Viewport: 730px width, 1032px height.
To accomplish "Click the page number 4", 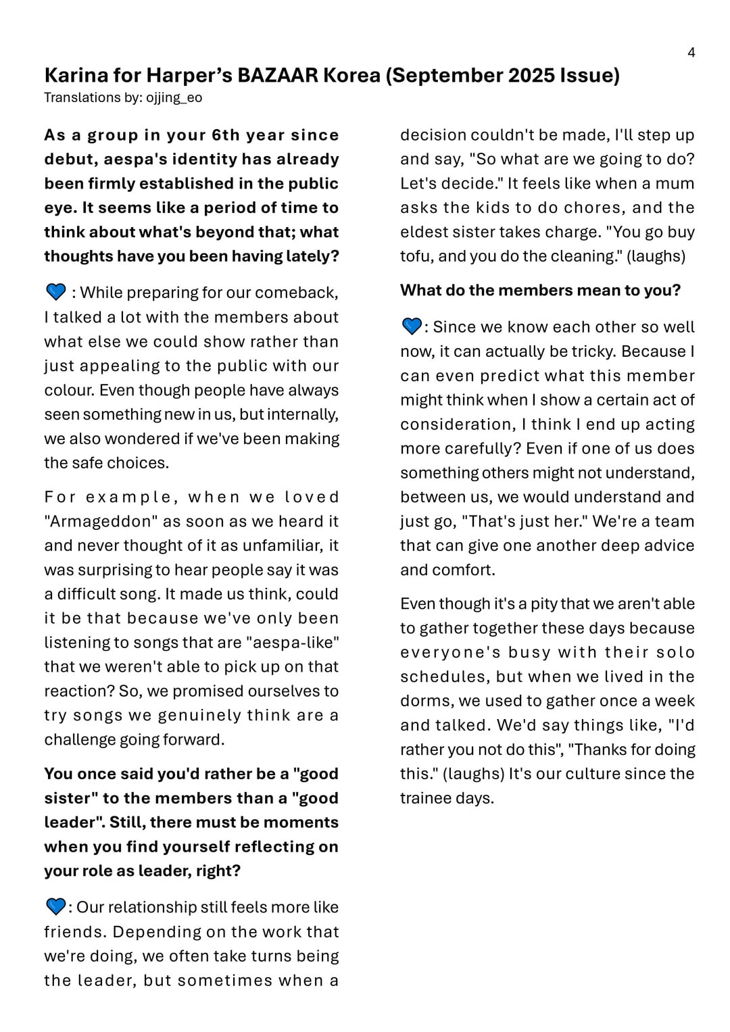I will [x=691, y=53].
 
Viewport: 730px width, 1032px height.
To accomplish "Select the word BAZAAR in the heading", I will [x=278, y=75].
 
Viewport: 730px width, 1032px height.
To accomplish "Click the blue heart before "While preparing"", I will [x=55, y=292].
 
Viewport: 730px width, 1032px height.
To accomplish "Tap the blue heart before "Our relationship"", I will [x=55, y=906].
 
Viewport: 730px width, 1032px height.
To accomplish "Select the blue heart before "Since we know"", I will [x=411, y=327].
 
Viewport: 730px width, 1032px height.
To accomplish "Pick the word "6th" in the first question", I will [x=226, y=135].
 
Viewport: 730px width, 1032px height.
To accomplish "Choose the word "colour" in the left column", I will [x=68, y=391].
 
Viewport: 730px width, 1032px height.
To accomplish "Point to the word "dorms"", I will [x=424, y=702].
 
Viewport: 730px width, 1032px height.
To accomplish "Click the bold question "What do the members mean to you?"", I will [x=540, y=291].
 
